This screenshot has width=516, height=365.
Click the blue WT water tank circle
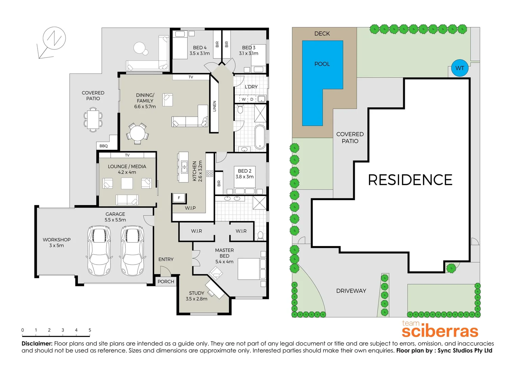point(460,68)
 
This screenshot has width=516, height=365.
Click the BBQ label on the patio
point(104,146)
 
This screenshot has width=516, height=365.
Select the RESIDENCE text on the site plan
point(410,180)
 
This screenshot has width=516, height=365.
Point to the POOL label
point(322,64)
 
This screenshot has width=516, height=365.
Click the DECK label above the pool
point(322,33)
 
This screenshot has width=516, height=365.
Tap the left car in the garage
point(99,250)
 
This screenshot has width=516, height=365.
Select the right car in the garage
point(132,250)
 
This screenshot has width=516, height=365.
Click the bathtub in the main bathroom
point(260,137)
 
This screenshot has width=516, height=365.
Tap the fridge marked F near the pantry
point(179,198)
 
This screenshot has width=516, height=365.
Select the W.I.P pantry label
point(190,208)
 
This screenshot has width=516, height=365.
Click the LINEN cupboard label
point(214,106)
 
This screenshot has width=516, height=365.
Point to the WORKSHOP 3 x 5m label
point(56,242)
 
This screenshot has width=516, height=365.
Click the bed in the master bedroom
point(251,269)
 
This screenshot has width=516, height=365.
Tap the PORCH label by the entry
point(166,282)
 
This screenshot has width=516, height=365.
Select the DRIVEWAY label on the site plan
point(351,291)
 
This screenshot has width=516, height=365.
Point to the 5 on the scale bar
point(90,330)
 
